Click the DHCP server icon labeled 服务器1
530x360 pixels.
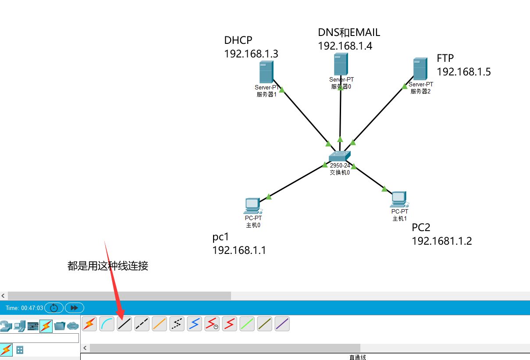[x=266, y=72]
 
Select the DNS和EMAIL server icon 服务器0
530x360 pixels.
[x=341, y=64]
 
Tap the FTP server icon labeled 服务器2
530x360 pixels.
[x=420, y=69]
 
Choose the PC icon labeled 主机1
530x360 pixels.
[x=398, y=200]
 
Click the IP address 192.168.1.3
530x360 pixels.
[x=251, y=54]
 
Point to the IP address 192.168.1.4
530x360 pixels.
[x=345, y=46]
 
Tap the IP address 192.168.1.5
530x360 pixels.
[x=464, y=72]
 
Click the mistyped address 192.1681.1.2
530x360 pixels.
[x=441, y=241]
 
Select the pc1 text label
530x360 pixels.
[x=221, y=237]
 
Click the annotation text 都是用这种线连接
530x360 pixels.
[x=108, y=266]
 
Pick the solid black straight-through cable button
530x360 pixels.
[x=124, y=324]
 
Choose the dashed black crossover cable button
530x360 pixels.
[x=142, y=324]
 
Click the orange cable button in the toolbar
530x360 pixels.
[x=160, y=324]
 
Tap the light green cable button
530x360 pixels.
[x=247, y=324]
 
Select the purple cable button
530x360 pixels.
[x=282, y=324]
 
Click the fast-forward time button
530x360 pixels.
[x=75, y=308]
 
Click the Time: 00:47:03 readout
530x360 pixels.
[x=25, y=308]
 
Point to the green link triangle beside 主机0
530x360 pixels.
[x=269, y=197]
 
